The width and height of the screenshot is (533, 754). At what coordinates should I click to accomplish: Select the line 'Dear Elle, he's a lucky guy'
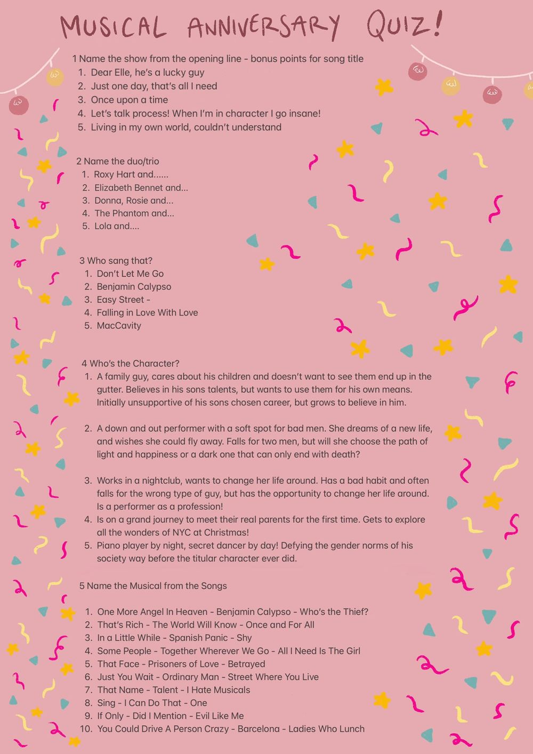pos(147,73)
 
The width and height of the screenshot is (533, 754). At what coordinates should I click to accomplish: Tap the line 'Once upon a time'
pos(129,100)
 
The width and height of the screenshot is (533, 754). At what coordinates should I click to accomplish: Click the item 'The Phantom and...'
pos(134,213)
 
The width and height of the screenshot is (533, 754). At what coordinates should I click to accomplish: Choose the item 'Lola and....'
pos(117,226)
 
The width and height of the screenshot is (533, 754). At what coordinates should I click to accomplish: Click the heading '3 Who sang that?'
pos(116,261)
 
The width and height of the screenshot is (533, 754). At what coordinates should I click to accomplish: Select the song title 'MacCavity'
pos(119,326)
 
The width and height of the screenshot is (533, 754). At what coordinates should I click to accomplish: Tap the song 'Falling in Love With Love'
pos(147,312)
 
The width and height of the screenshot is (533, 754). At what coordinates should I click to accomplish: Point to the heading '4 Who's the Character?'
pos(130,364)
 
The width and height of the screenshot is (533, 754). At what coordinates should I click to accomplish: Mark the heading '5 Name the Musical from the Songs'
pos(153,586)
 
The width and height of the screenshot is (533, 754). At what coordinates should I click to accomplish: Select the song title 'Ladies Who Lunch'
pos(326,729)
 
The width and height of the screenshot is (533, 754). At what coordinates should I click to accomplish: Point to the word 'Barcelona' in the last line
pos(259,729)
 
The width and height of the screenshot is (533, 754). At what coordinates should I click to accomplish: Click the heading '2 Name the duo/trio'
pos(117,161)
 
